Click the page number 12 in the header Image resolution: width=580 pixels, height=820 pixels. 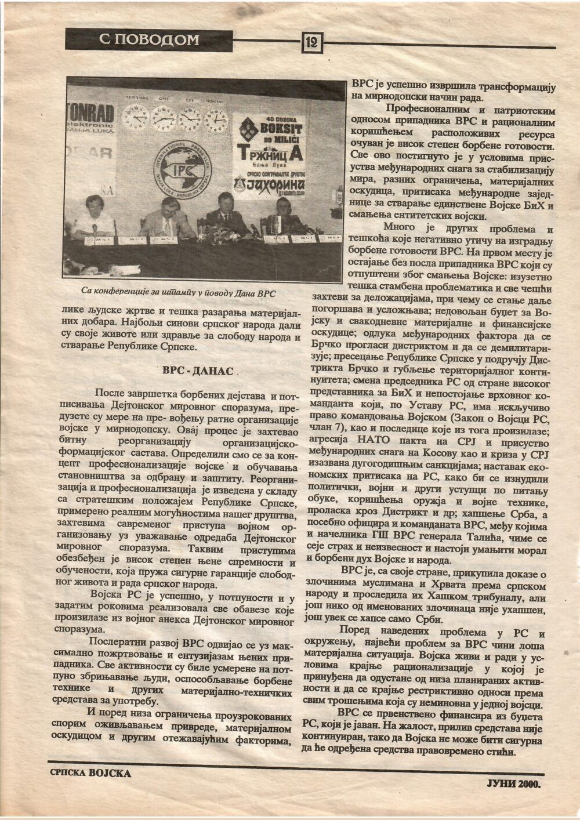311,41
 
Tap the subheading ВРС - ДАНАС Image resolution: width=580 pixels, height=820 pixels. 197,371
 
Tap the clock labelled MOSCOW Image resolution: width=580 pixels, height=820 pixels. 217,119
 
